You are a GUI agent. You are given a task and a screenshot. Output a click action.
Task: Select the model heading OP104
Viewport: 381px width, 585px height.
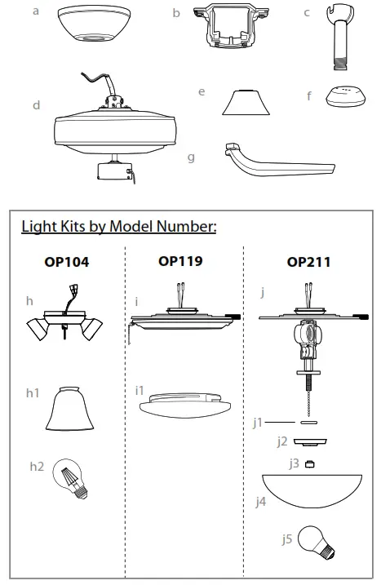(x=66, y=264)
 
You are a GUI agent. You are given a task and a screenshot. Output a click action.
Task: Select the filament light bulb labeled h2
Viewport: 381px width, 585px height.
(x=72, y=479)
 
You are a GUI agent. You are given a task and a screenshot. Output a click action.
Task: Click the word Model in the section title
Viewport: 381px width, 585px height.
(x=129, y=226)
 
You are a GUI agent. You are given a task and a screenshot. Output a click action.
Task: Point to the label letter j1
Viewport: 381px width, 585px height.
(x=258, y=423)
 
